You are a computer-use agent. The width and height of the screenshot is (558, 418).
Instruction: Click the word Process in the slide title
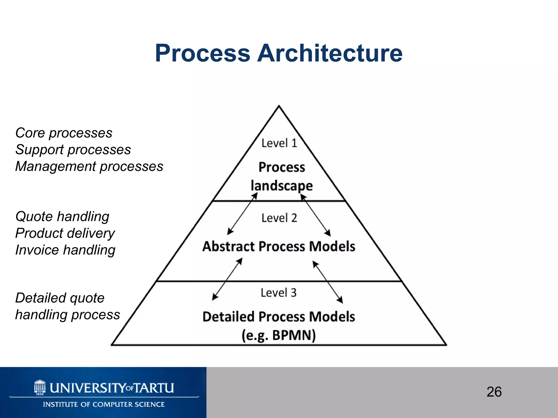(202, 53)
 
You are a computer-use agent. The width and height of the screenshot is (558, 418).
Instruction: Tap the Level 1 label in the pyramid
(279, 143)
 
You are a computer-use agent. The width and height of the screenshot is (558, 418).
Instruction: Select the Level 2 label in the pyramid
(279, 218)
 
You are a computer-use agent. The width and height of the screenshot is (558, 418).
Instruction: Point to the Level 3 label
(278, 293)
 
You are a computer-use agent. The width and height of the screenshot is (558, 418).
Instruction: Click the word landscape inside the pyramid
(282, 186)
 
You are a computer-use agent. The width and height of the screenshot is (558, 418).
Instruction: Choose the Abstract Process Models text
(279, 246)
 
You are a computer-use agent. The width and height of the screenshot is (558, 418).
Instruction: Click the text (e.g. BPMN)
(279, 335)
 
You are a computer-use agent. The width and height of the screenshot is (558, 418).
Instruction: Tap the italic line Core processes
(64, 133)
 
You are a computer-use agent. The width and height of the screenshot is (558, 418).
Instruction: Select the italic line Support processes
(73, 150)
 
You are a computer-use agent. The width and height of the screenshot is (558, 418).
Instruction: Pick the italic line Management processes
(89, 166)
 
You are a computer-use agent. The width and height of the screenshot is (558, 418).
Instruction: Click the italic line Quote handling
(62, 217)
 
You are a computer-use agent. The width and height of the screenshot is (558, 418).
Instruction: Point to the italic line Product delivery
(65, 233)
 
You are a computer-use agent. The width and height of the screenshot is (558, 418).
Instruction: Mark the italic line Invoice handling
(65, 250)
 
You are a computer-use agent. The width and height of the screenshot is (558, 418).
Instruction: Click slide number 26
(494, 392)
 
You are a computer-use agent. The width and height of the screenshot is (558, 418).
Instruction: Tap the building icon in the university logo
(40, 387)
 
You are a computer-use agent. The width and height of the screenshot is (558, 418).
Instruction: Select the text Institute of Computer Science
(104, 404)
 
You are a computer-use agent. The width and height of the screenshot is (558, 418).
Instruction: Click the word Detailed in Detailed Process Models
(228, 317)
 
